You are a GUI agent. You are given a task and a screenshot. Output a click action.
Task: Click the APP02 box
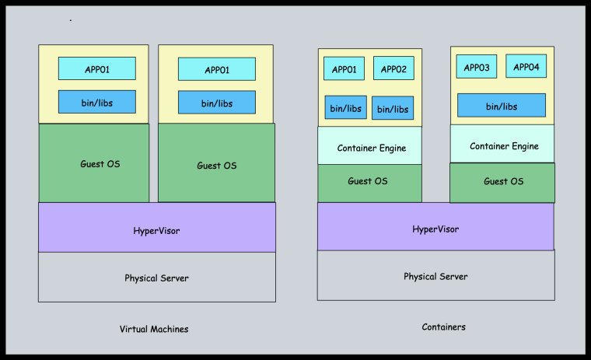pyautogui.click(x=393, y=68)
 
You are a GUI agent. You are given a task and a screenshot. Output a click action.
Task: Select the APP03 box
pyautogui.click(x=476, y=67)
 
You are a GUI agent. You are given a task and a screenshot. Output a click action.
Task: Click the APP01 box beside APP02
pyautogui.click(x=343, y=68)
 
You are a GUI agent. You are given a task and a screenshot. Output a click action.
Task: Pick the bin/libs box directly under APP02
pyautogui.click(x=393, y=108)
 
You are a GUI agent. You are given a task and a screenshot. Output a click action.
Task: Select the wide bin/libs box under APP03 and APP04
pyautogui.click(x=502, y=105)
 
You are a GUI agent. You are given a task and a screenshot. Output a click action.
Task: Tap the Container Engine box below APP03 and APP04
pyautogui.click(x=503, y=145)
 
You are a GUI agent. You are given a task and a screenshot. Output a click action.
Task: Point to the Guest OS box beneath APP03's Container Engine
pyautogui.click(x=503, y=182)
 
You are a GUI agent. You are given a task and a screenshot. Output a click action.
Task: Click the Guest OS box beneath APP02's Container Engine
pyautogui.click(x=370, y=182)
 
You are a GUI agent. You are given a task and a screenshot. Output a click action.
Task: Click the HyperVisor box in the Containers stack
pyautogui.click(x=435, y=229)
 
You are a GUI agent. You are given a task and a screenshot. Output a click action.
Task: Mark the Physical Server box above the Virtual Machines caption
pyautogui.click(x=156, y=277)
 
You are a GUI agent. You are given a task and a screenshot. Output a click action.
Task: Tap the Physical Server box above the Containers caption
pyautogui.click(x=435, y=275)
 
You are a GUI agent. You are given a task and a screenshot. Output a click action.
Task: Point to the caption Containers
pyautogui.click(x=444, y=327)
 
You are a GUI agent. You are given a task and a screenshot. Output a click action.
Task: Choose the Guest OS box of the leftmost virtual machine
pyautogui.click(x=94, y=163)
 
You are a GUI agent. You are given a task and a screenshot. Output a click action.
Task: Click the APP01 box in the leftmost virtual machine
pyautogui.click(x=97, y=68)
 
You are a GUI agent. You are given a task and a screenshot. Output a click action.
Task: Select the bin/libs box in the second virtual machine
pyautogui.click(x=216, y=102)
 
